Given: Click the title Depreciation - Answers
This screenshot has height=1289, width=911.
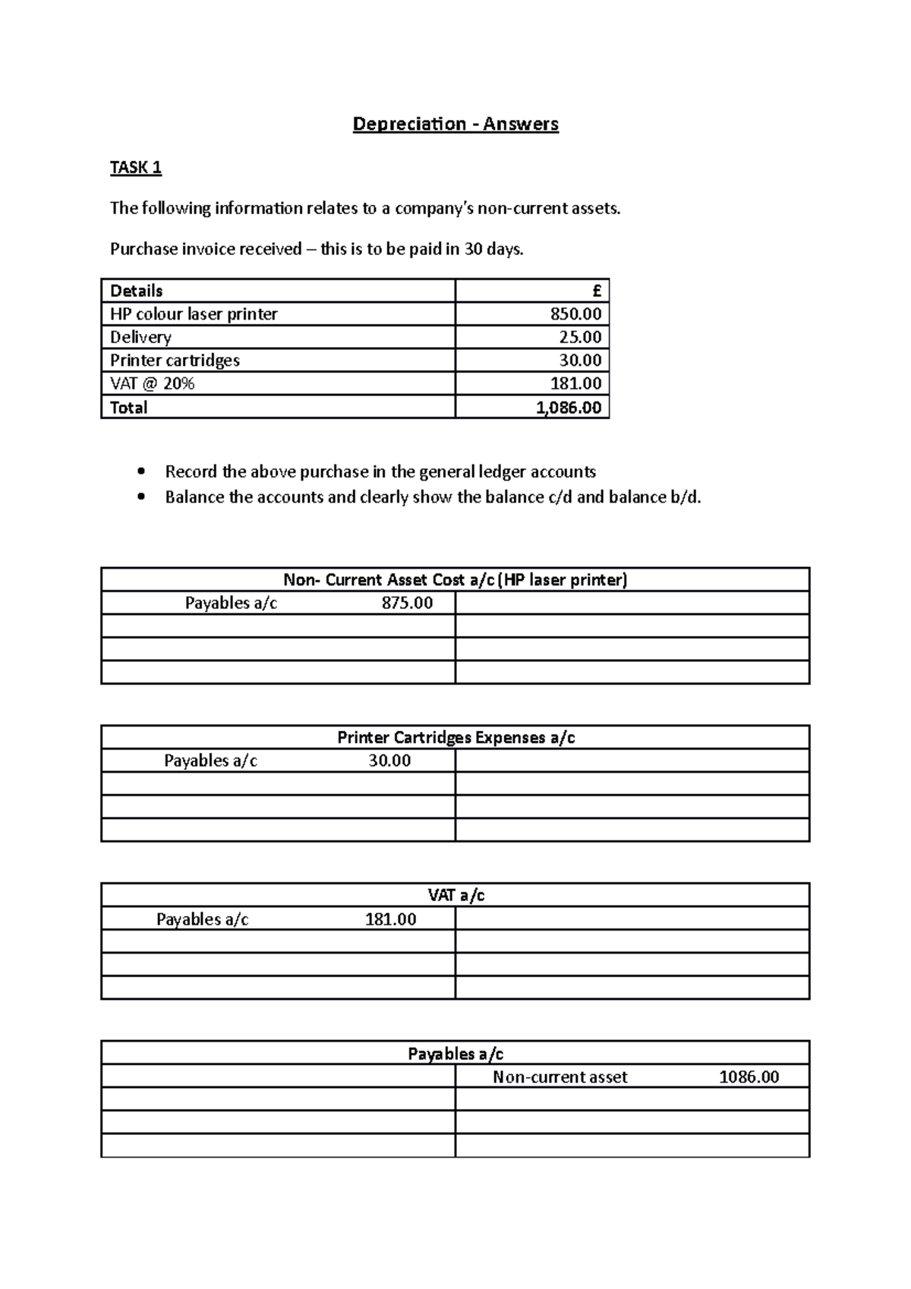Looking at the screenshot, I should point(455,124).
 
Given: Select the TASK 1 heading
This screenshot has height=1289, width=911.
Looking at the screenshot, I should point(135,168).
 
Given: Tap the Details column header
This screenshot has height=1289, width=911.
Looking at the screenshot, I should point(136,291).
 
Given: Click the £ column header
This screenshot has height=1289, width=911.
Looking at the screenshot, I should point(597,291).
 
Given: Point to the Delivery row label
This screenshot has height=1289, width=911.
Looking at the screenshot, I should point(140,337).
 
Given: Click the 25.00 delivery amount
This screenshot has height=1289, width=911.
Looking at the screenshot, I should point(580,337).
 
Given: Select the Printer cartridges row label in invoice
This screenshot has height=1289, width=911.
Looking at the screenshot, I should point(175,361).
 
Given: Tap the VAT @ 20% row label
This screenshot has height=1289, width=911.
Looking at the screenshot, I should point(152,384).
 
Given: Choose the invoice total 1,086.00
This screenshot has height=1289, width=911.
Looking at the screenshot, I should point(569,408).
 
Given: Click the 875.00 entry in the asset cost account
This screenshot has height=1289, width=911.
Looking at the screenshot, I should point(407,604).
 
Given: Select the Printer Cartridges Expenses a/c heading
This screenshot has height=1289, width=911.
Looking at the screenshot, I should point(455,738).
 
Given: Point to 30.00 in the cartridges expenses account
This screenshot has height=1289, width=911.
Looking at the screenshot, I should point(389,761).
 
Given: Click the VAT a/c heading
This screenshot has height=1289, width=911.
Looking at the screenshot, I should point(455,896).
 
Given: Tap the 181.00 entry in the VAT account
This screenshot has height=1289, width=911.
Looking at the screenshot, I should point(390,919).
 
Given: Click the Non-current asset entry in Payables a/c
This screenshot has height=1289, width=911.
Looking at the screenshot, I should point(560,1077).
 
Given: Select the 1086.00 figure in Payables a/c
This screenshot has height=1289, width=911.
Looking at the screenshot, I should point(749,1077).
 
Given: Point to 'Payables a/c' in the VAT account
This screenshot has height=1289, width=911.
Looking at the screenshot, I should point(202,919).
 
